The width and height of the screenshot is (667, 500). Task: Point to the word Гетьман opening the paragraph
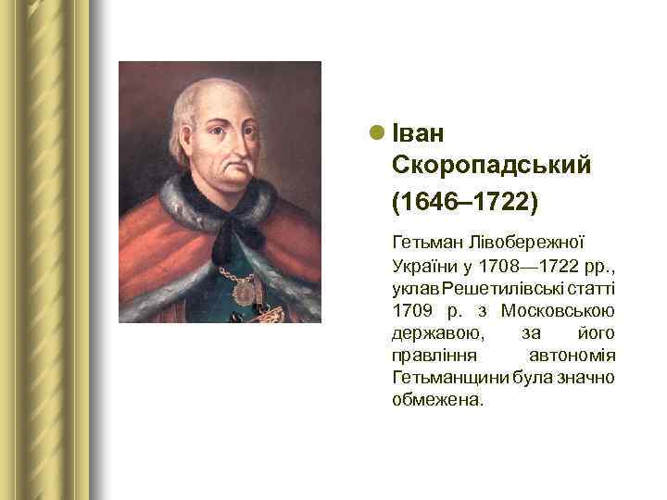[424, 243]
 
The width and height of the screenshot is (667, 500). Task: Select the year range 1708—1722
[525, 264]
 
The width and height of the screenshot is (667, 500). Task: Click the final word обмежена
[437, 399]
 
